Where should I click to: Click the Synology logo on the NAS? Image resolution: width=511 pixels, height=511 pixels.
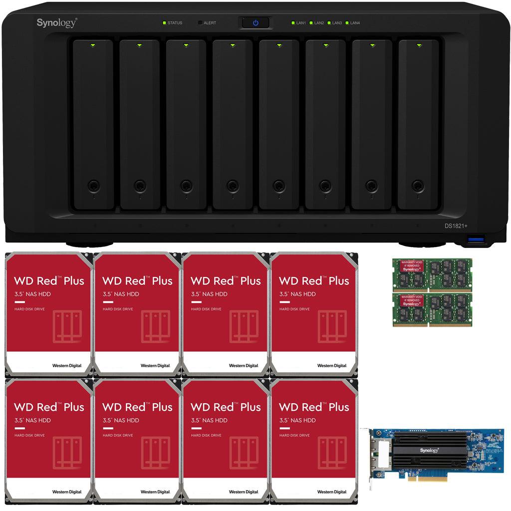pyautogui.click(x=56, y=22)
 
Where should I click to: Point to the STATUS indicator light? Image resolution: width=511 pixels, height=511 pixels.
pyautogui.click(x=164, y=23)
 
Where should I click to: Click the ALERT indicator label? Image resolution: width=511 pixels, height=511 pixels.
pyautogui.click(x=210, y=23)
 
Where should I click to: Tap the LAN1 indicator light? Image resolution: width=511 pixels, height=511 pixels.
pyautogui.click(x=293, y=23)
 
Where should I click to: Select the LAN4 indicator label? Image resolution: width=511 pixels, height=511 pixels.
pyautogui.click(x=355, y=23)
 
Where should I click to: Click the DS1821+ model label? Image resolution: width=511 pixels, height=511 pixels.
pyautogui.click(x=456, y=226)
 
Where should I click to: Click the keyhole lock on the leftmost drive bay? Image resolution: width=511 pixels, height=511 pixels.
pyautogui.click(x=93, y=186)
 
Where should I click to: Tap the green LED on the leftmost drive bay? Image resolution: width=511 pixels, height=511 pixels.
pyautogui.click(x=93, y=45)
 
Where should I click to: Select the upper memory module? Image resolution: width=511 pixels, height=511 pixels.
pyautogui.click(x=432, y=274)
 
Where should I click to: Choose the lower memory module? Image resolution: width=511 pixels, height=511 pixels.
pyautogui.click(x=432, y=309)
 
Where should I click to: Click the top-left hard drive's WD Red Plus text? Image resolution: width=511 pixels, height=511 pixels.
pyautogui.click(x=49, y=280)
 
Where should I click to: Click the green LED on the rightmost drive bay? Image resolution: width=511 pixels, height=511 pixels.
pyautogui.click(x=418, y=45)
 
